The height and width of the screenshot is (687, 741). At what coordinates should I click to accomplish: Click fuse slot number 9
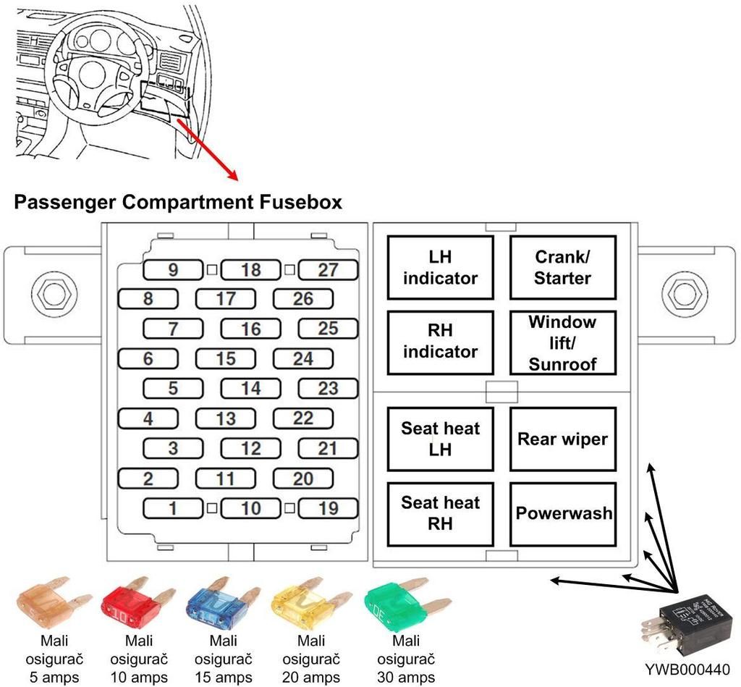(173, 270)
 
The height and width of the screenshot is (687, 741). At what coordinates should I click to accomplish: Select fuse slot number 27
(328, 270)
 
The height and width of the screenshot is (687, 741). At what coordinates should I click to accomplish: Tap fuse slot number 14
(250, 388)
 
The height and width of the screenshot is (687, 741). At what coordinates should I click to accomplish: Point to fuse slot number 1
(173, 507)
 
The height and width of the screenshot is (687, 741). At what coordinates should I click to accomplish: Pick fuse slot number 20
(302, 478)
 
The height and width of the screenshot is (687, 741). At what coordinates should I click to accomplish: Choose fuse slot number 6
(148, 358)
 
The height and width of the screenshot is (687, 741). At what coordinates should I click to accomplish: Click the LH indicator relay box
(440, 268)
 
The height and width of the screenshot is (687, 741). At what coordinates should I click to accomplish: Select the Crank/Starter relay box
(563, 268)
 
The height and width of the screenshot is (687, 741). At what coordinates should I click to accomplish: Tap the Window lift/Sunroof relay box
(563, 342)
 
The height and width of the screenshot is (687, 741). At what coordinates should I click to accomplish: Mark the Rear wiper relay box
(563, 439)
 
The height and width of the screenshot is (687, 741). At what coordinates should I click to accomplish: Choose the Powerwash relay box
(563, 513)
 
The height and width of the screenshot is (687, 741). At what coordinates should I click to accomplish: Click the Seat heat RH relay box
(440, 513)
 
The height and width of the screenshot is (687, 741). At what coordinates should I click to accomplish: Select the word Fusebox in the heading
(299, 202)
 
